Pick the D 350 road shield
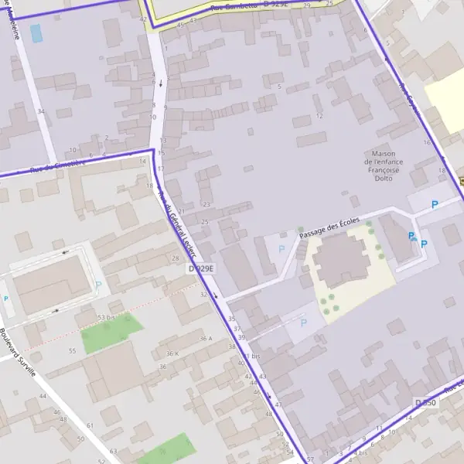click(x=425, y=403)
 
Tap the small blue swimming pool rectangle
click(x=36, y=32)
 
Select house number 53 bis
click(x=107, y=317)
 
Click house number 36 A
click(x=205, y=339)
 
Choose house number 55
click(x=73, y=350)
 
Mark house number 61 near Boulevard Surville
click(x=90, y=425)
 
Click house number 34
click(x=40, y=111)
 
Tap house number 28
click(x=176, y=258)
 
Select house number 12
click(x=319, y=117)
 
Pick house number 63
click(x=113, y=451)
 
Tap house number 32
click(x=203, y=295)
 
